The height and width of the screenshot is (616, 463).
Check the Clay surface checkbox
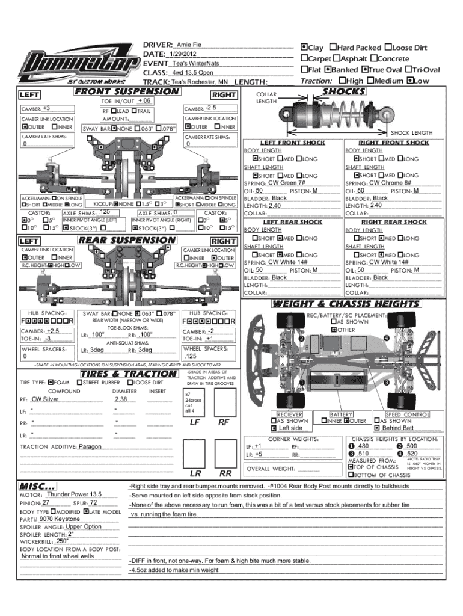[304, 48]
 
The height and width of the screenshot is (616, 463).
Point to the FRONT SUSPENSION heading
[126, 91]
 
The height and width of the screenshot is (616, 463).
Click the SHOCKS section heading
[344, 91]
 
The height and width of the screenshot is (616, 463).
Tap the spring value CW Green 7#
[287, 182]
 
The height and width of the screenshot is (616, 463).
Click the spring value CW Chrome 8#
[390, 182]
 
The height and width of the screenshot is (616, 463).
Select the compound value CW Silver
[45, 399]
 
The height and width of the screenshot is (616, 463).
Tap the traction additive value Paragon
[90, 447]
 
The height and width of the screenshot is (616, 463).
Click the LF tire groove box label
[195, 422]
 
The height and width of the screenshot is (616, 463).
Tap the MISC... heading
[38, 485]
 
